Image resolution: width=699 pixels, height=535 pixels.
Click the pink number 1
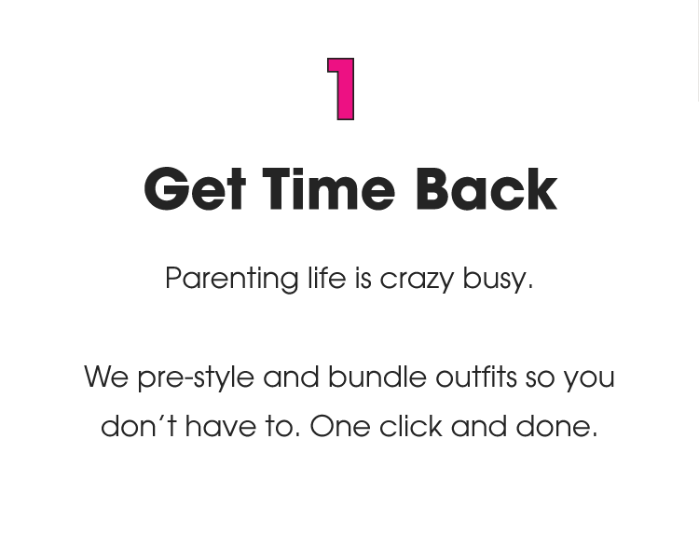pyautogui.click(x=343, y=89)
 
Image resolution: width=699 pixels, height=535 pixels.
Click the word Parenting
pyautogui.click(x=231, y=279)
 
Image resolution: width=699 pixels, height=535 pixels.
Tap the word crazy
pyautogui.click(x=418, y=279)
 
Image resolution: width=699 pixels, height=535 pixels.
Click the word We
pyautogui.click(x=106, y=377)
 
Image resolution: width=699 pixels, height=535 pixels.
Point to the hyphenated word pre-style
pyautogui.click(x=195, y=378)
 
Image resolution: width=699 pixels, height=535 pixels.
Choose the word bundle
pyautogui.click(x=376, y=377)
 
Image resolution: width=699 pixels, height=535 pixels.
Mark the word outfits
pyautogui.click(x=475, y=377)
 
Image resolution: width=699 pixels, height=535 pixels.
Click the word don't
pyautogui.click(x=138, y=426)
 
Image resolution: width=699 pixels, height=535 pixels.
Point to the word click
pyautogui.click(x=410, y=426)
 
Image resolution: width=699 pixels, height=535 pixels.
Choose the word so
pyautogui.click(x=540, y=378)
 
